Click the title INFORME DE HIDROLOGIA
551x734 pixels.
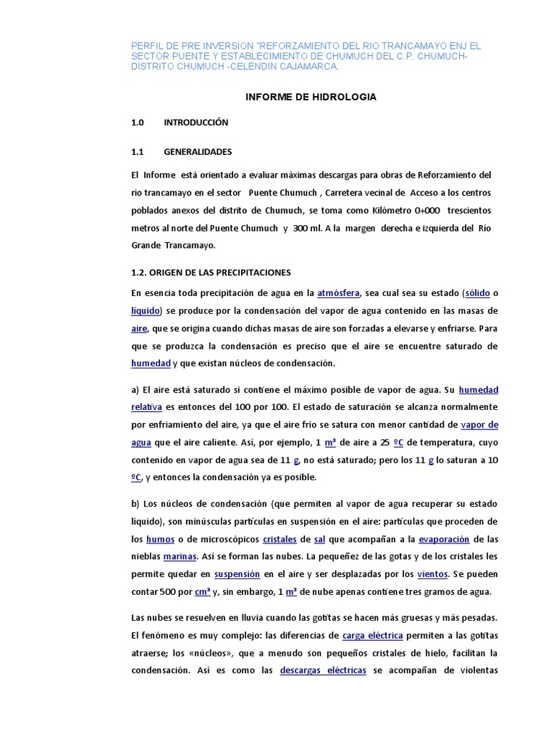[x=311, y=97]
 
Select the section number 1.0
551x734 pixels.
[x=138, y=123]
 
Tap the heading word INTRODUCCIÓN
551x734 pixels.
[x=196, y=123]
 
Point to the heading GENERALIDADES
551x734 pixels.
[x=198, y=152]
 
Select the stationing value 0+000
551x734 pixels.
[x=420, y=211]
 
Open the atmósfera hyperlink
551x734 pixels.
[x=339, y=293]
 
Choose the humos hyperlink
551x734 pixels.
[x=160, y=539]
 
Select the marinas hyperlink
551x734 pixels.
[x=180, y=556]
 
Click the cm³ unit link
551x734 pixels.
[x=202, y=592]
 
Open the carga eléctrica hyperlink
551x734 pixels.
[x=372, y=636]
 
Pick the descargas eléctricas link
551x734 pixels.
[x=323, y=671]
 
